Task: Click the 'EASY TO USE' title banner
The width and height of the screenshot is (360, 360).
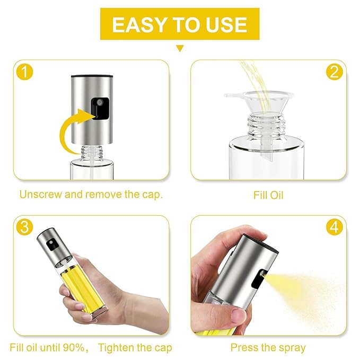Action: click(180, 24)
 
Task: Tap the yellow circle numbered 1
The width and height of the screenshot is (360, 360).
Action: click(23, 72)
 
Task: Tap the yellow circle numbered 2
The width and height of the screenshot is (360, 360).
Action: click(334, 72)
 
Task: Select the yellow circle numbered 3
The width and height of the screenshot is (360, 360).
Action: click(23, 227)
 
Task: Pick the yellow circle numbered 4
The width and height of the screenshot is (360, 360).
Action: click(334, 227)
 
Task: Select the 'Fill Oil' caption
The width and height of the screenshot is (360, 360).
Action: click(268, 195)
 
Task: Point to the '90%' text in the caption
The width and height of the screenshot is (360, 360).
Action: click(71, 348)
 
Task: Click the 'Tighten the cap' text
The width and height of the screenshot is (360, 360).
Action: click(135, 348)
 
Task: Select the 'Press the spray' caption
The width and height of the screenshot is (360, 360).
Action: click(268, 348)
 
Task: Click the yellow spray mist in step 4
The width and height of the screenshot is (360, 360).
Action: click(308, 289)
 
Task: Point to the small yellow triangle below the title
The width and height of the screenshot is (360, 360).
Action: click(180, 48)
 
